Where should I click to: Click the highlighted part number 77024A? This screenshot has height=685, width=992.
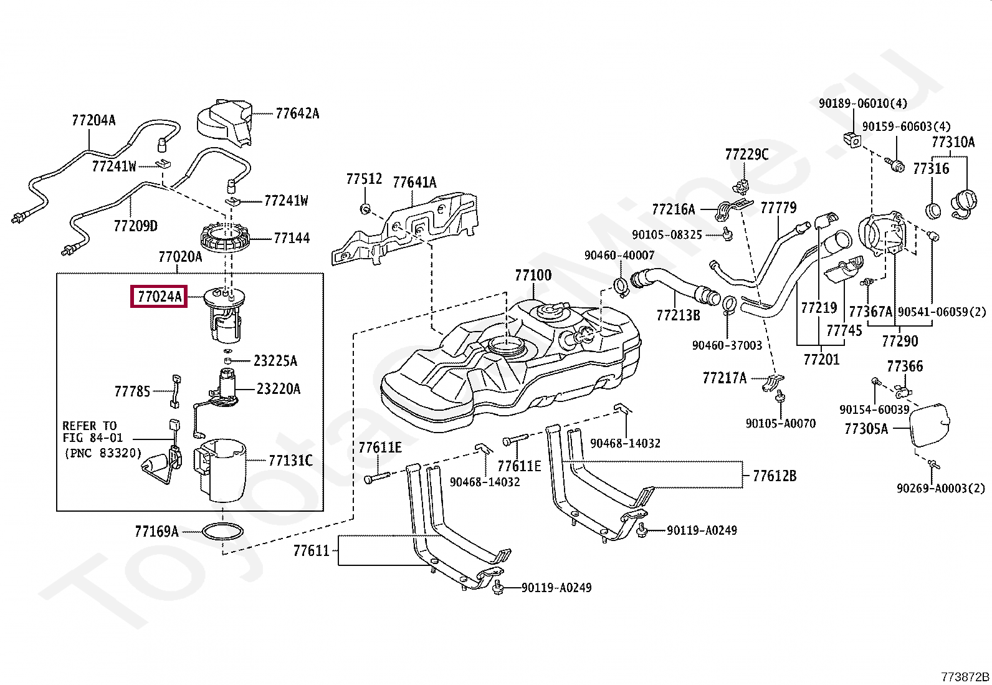pos(159,297)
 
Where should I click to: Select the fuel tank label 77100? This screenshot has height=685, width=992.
pos(533,275)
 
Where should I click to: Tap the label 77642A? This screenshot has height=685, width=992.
pos(297,114)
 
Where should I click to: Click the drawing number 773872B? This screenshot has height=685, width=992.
pos(965,677)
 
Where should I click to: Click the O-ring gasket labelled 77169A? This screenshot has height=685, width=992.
pos(222,531)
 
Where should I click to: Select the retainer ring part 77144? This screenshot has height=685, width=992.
pos(225,237)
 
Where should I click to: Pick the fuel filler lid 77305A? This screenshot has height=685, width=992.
pos(929,424)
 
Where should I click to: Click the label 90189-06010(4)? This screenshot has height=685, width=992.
pos(862,103)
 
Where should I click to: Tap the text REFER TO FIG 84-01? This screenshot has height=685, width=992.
pos(92,431)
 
